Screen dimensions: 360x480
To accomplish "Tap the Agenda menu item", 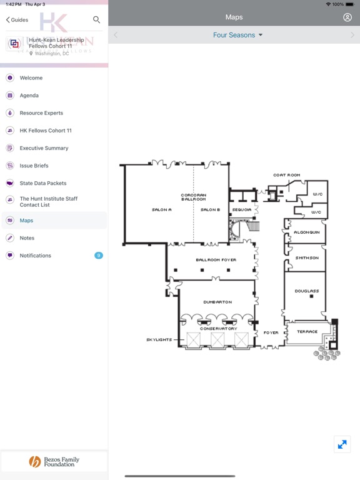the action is (x=29, y=96).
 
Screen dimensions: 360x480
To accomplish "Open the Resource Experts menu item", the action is (x=41, y=113).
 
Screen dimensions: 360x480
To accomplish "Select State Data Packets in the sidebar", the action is (x=43, y=183).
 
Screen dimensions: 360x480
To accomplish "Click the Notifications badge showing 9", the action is (x=99, y=255).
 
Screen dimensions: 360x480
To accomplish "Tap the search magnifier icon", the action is (x=96, y=19).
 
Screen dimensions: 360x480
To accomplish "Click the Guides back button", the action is (x=17, y=20).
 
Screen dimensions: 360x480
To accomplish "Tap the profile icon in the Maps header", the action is (x=347, y=17).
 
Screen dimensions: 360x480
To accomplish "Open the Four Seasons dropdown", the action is (x=238, y=35).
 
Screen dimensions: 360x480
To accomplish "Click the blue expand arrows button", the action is (x=342, y=444).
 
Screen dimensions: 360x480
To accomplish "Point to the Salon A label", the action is (x=162, y=210).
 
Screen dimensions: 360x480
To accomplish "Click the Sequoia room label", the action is (x=241, y=210).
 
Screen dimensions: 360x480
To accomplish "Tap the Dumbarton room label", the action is (x=217, y=302).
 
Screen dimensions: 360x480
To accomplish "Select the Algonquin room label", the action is (x=307, y=232).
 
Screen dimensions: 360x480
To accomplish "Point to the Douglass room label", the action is (x=307, y=291).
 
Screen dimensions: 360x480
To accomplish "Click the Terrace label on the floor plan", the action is (x=307, y=332).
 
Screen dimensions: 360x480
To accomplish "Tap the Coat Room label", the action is (x=286, y=175).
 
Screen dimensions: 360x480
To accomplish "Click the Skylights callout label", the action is (x=159, y=340).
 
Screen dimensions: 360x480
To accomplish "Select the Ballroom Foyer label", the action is (x=216, y=260).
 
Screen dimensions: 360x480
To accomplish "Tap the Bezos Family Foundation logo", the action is (x=54, y=462).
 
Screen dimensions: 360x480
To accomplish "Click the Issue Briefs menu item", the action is (x=34, y=166).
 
